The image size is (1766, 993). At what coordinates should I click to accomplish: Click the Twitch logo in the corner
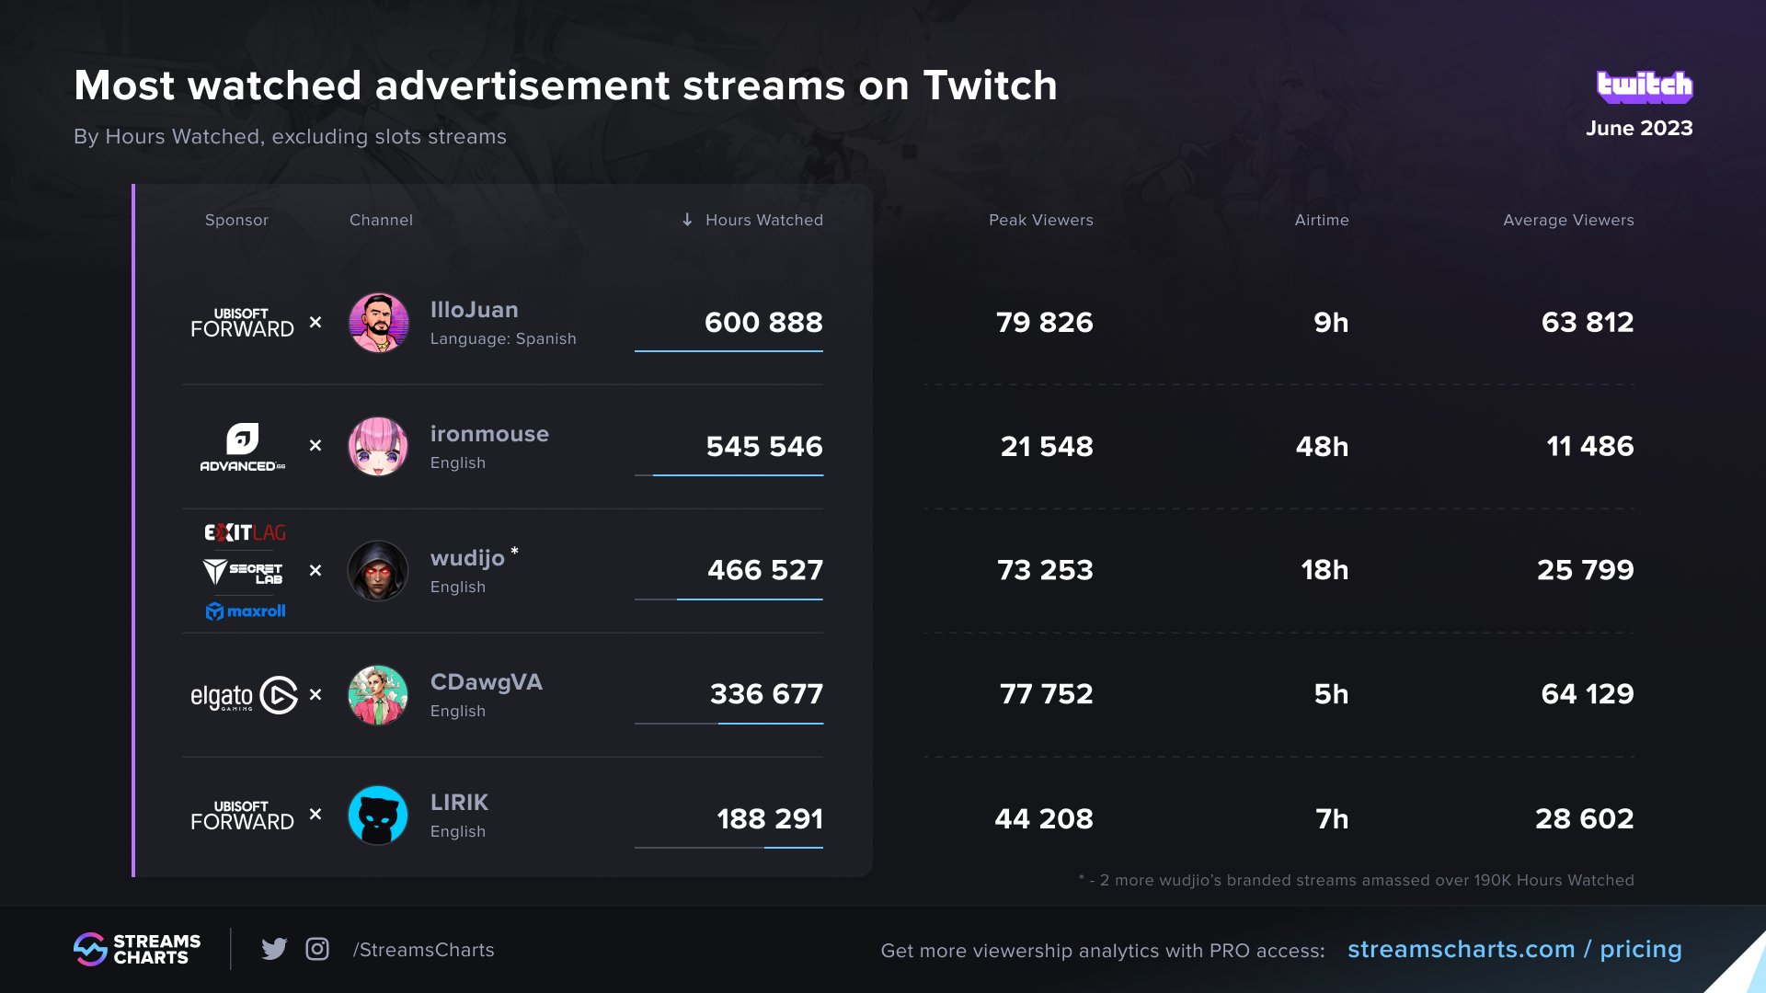(x=1645, y=86)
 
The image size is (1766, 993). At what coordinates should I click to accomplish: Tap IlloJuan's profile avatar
(x=378, y=323)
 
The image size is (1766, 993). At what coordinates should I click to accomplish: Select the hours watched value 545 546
(x=763, y=447)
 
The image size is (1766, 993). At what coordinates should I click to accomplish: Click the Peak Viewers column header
(x=1040, y=220)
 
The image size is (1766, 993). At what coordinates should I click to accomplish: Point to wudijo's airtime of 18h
(x=1324, y=570)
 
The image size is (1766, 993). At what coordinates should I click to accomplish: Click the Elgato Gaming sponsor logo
(x=244, y=695)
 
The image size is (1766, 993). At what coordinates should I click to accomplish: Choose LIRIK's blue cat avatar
(x=378, y=816)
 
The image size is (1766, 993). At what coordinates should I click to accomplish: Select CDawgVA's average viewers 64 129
(x=1587, y=694)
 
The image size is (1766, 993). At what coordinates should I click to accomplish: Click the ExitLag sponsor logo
(x=245, y=532)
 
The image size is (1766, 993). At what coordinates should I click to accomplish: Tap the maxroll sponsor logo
(x=245, y=611)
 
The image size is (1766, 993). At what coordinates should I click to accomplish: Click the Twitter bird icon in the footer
(x=274, y=949)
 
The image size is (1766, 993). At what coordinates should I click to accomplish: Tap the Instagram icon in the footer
(x=317, y=949)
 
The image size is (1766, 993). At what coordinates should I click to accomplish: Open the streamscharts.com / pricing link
(x=1514, y=949)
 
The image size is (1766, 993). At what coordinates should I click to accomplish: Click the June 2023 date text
(x=1638, y=129)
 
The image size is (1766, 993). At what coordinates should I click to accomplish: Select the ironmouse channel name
(x=489, y=434)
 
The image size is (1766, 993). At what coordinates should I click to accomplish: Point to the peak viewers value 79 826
(x=1044, y=323)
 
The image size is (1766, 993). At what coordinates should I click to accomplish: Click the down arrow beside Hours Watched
(x=687, y=220)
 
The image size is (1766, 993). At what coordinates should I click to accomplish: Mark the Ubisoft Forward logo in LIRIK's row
(x=242, y=816)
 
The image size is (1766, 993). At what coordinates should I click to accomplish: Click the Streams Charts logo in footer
(x=137, y=949)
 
